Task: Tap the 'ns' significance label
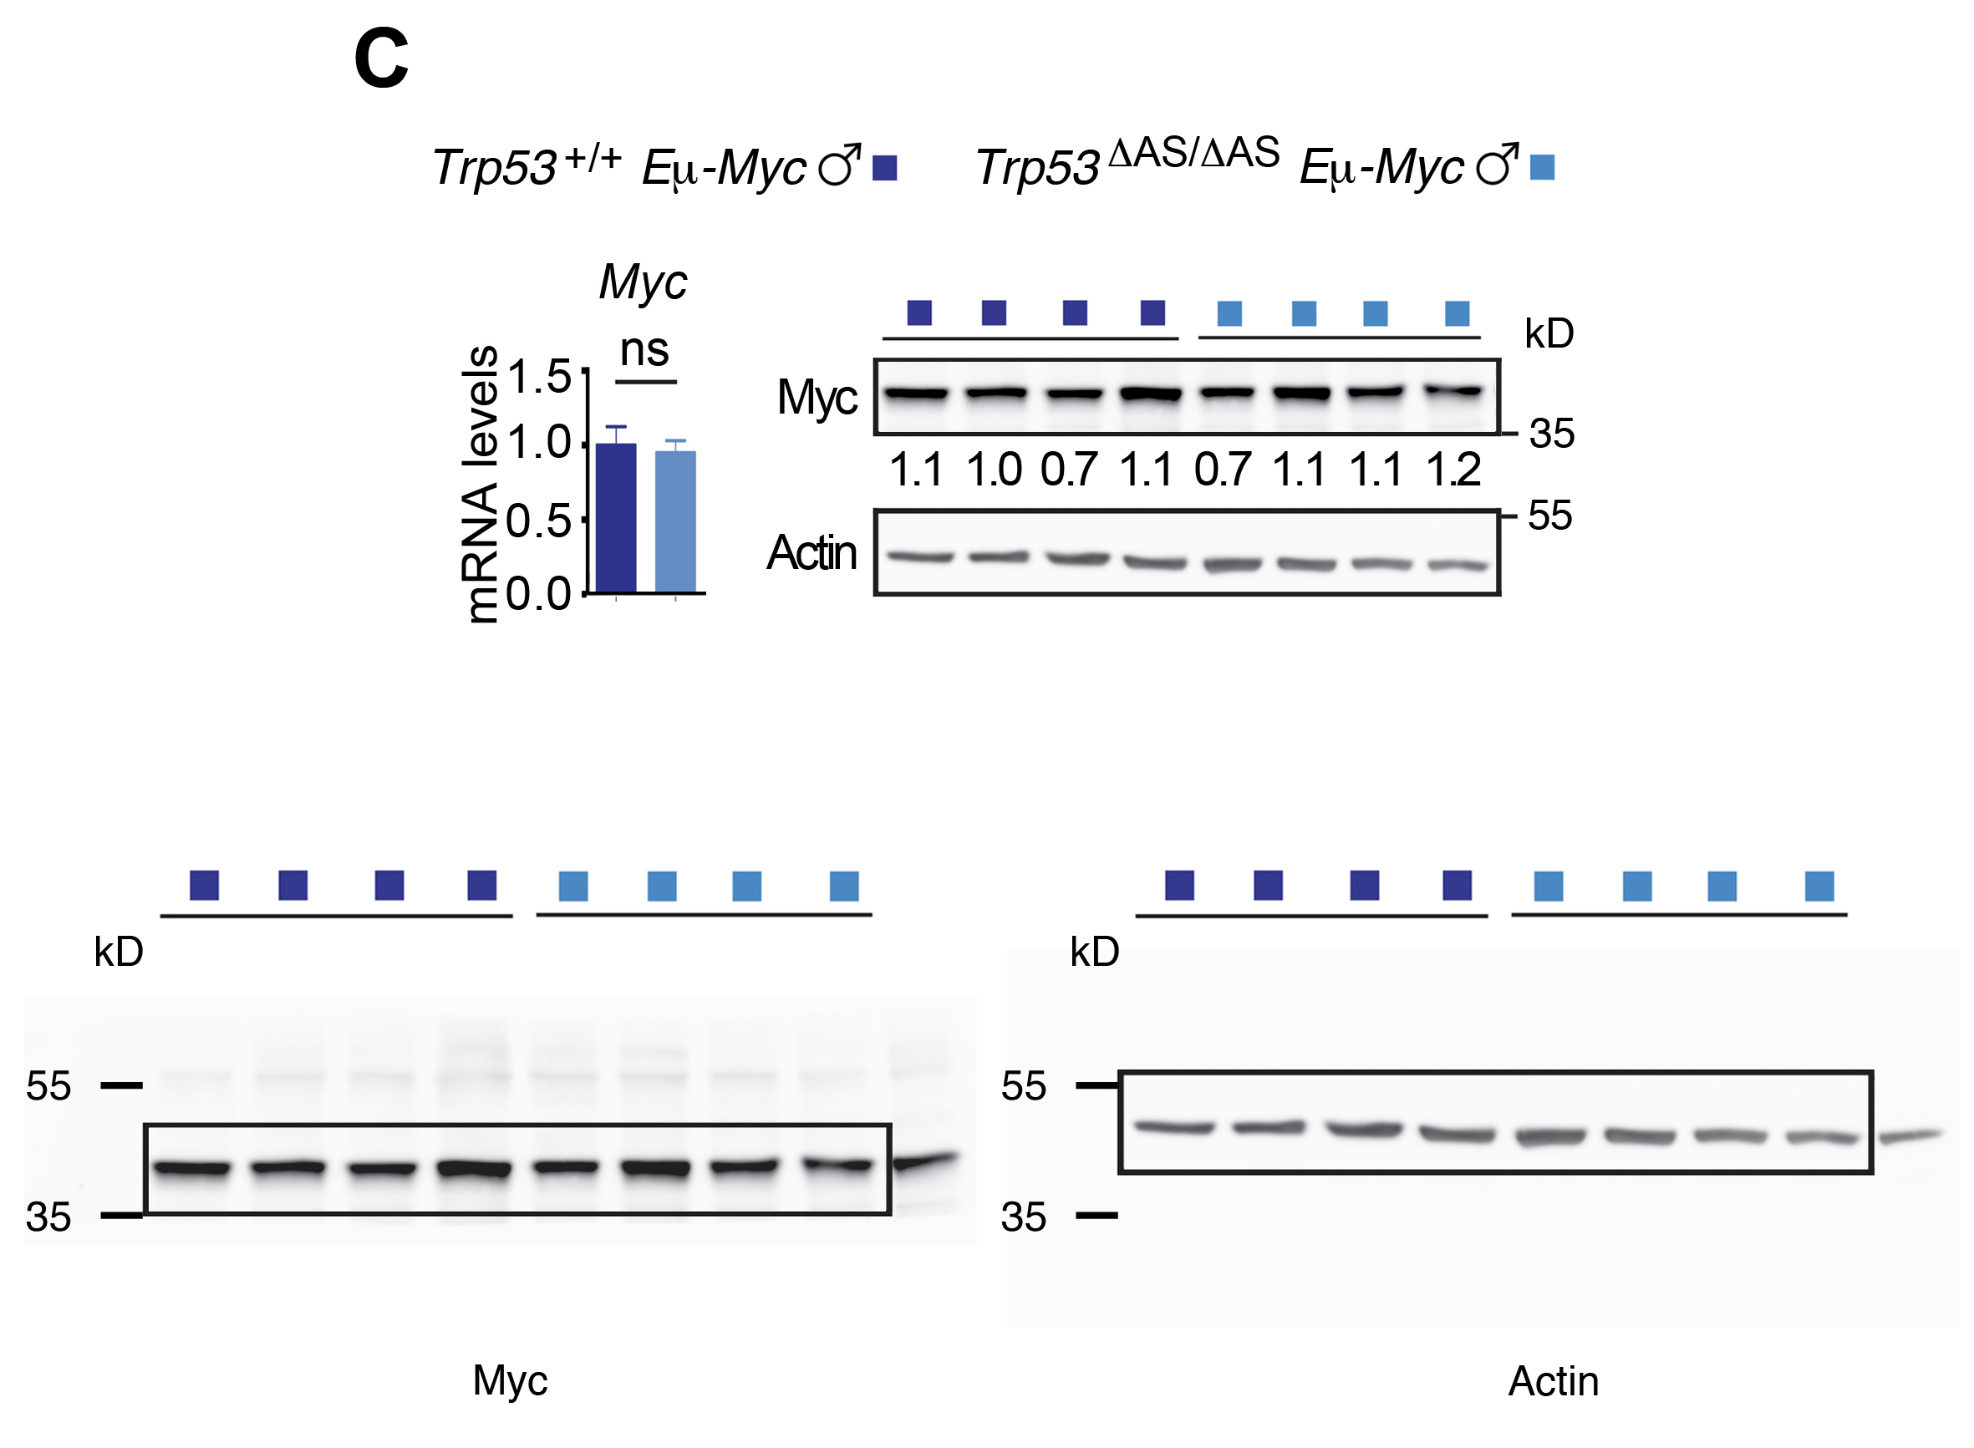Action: point(644,351)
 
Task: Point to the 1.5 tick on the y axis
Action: point(539,378)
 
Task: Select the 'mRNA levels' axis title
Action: point(480,484)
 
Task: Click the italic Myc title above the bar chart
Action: point(643,282)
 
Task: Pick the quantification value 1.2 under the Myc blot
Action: point(1453,470)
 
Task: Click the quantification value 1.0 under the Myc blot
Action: point(993,470)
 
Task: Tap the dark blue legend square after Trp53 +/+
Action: point(884,167)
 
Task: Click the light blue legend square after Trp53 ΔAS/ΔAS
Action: point(1542,166)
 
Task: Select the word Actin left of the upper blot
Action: point(811,552)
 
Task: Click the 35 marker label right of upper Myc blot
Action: point(1551,433)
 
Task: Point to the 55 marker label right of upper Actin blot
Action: point(1549,516)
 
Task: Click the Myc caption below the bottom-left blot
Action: point(510,1380)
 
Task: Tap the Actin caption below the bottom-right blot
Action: point(1554,1381)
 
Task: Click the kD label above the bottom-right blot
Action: point(1095,952)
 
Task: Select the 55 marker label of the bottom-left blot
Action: point(48,1086)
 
